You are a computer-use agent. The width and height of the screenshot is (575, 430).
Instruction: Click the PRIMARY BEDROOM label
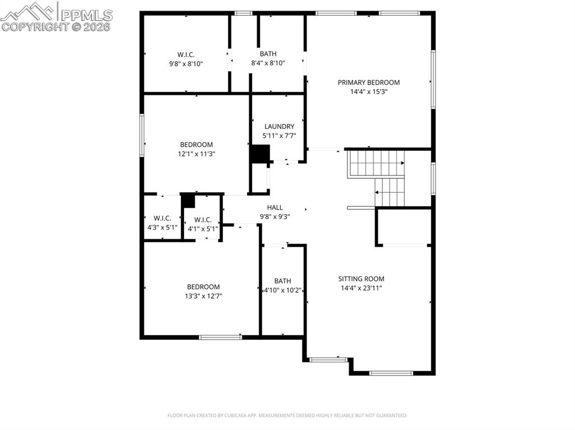pos(368,82)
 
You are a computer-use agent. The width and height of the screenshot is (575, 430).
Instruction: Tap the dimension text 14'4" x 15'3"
pos(368,91)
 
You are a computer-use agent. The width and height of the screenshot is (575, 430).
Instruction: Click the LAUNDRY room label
pos(279,127)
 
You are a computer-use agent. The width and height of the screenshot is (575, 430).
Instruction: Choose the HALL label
pos(275,207)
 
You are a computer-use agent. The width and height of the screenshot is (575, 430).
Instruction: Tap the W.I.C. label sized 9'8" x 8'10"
pos(186,54)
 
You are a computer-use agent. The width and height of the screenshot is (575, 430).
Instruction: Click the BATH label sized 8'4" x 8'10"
pos(268,54)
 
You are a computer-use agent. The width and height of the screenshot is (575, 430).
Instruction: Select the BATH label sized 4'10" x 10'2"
pos(282,281)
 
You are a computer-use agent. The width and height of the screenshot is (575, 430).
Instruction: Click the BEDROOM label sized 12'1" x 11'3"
pos(197,145)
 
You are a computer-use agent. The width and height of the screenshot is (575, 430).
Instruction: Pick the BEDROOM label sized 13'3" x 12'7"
pos(203,286)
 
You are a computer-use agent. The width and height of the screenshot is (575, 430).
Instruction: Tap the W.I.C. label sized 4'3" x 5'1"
pos(162,218)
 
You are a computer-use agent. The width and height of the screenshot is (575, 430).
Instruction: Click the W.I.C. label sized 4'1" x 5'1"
pos(203,220)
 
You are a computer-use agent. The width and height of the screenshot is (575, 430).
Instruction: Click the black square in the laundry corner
pos(260,154)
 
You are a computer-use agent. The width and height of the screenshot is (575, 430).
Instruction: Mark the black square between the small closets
pos(188,200)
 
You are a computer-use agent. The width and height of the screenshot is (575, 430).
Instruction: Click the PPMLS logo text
pos(86,15)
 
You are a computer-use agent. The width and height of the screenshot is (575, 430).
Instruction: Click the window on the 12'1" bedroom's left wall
pos(142,135)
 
